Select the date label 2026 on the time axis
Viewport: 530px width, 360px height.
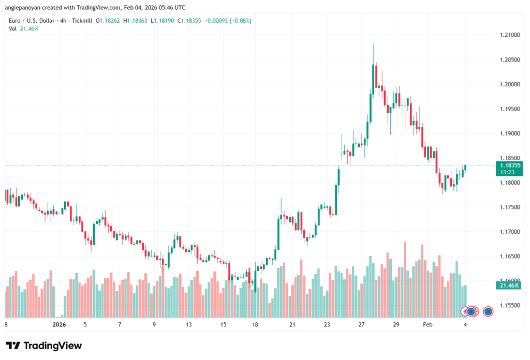click(60, 324)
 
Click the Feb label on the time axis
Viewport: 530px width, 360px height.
click(428, 324)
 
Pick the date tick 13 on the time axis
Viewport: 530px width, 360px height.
click(189, 324)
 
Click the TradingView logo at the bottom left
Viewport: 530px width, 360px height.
click(43, 346)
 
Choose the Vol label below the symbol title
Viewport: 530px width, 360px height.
click(12, 28)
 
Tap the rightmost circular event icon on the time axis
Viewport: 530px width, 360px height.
click(488, 311)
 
